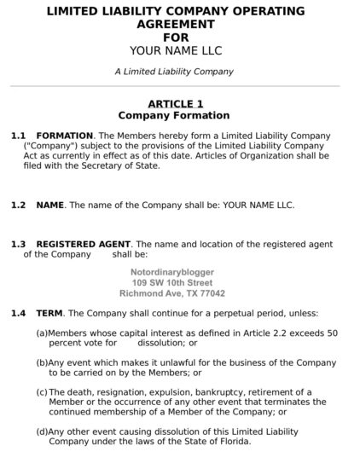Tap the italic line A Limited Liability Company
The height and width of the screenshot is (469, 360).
point(173,72)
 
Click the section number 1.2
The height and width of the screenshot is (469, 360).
point(19,206)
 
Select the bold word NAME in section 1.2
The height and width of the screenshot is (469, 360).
point(50,206)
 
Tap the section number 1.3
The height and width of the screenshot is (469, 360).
point(19,244)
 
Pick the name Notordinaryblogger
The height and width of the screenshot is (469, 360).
point(172,272)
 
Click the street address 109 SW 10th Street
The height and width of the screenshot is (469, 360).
point(172,282)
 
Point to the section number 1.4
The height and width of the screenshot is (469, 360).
point(19,314)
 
